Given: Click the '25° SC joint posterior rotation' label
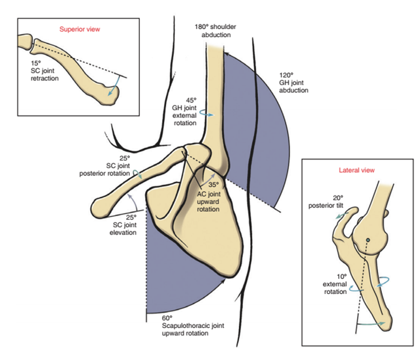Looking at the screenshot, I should (106, 166).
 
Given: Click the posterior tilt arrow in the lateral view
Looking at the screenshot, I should (341, 214).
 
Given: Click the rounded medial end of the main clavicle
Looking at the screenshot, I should (101, 206).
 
